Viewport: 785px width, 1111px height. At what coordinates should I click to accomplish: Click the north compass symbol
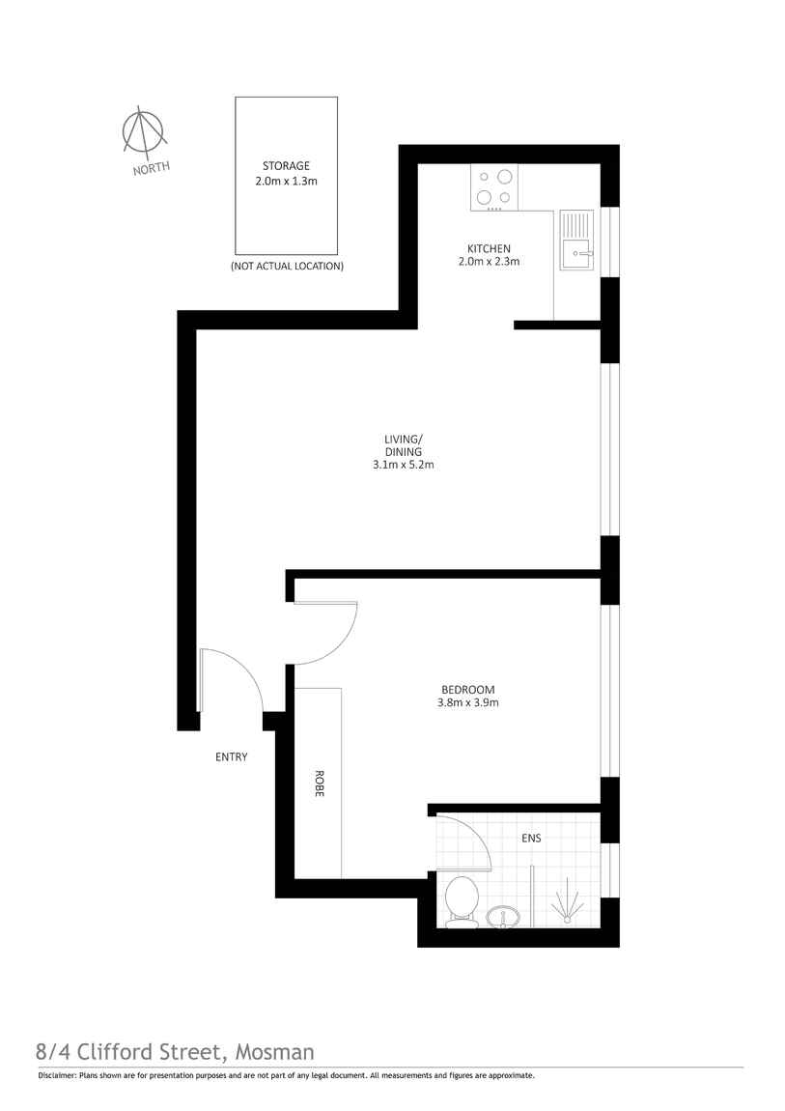(144, 132)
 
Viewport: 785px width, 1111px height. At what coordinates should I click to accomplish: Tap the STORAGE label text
(286, 166)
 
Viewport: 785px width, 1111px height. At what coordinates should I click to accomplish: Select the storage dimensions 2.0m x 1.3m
(286, 181)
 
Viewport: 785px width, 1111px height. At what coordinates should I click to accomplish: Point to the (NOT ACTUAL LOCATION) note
(287, 266)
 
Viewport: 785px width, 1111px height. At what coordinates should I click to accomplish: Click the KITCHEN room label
(489, 248)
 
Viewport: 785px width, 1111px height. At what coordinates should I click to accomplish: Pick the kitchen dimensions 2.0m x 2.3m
(489, 262)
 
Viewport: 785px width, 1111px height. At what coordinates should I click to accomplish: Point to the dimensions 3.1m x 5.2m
(403, 465)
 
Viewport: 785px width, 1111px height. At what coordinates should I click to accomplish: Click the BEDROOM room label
(467, 689)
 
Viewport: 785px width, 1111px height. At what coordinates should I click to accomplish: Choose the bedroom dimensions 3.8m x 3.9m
(467, 703)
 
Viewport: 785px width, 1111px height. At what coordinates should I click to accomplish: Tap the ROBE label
(318, 783)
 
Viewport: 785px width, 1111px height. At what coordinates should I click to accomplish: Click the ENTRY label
(231, 757)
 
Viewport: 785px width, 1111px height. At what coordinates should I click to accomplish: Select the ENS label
(531, 839)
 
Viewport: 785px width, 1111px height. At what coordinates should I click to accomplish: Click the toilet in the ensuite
(462, 902)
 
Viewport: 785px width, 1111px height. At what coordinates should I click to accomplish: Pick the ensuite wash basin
(502, 917)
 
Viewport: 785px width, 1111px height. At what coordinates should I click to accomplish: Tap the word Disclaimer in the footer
(57, 1075)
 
